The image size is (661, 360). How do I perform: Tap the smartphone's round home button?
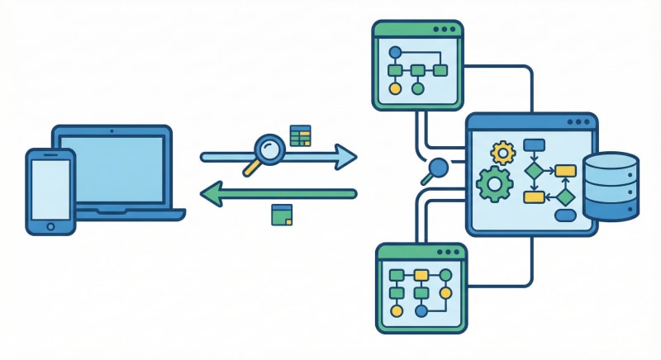point(50,225)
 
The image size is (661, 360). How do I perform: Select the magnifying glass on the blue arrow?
point(268,150)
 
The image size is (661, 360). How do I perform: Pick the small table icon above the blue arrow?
point(300,135)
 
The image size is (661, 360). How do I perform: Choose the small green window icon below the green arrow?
point(282,215)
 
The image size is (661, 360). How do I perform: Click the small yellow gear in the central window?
point(502,152)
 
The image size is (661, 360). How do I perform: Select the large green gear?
point(495,184)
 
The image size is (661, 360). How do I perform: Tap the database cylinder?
point(610,187)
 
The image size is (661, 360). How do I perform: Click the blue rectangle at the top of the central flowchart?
point(534,146)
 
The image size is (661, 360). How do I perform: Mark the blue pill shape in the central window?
point(565,216)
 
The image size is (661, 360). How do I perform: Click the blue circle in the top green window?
point(395,50)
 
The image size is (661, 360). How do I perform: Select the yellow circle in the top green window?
point(395,88)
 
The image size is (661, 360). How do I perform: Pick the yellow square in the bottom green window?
point(421,274)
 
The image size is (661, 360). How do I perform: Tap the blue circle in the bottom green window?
point(421,311)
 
